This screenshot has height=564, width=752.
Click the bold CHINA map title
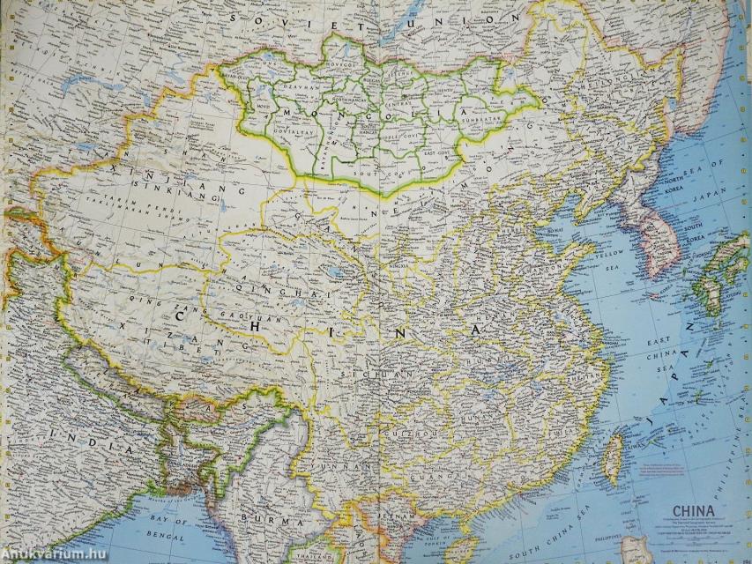point(696,510)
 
